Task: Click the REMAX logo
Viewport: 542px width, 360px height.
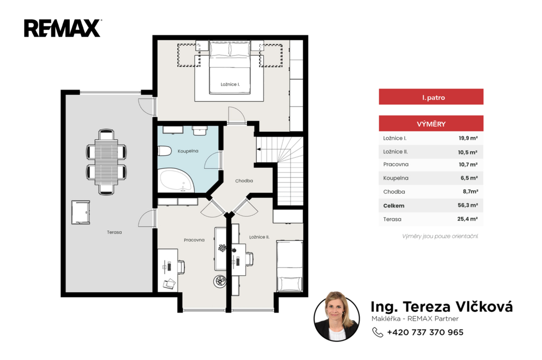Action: [62, 28]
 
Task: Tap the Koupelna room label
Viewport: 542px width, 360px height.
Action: [188, 151]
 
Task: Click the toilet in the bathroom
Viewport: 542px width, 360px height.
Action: [165, 151]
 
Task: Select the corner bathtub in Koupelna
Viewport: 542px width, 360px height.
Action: [176, 180]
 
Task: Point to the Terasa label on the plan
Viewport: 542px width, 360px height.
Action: [114, 232]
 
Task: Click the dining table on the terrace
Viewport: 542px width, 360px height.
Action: [106, 162]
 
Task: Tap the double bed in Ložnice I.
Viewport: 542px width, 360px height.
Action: [230, 67]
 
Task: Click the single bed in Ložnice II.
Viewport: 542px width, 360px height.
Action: [290, 266]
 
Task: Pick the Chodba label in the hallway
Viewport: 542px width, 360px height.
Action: [244, 181]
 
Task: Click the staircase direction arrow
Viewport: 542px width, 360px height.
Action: [258, 149]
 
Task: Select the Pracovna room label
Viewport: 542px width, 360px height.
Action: [194, 240]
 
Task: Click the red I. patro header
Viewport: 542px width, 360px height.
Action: [431, 97]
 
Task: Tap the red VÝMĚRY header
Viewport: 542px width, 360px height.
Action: [431, 123]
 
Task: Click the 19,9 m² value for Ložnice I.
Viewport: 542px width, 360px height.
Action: [468, 138]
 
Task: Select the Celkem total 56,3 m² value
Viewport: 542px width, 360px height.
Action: [468, 205]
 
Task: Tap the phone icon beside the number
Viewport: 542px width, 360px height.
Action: [377, 332]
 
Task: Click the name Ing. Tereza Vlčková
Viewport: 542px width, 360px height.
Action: [441, 307]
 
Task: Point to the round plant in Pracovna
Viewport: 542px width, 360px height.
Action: [220, 281]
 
